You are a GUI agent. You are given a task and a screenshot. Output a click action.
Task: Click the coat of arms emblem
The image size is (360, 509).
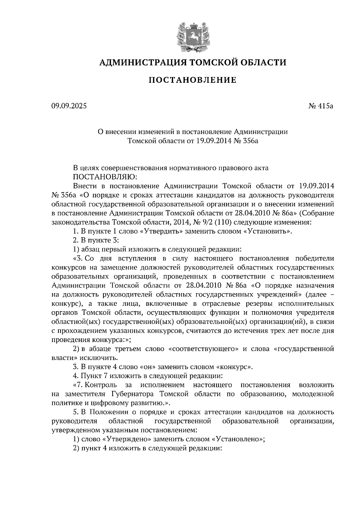click(193, 36)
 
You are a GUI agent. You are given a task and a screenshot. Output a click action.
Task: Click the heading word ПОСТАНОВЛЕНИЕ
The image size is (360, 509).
click(193, 80)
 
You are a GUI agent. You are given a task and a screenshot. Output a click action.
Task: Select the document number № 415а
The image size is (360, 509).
click(321, 106)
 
